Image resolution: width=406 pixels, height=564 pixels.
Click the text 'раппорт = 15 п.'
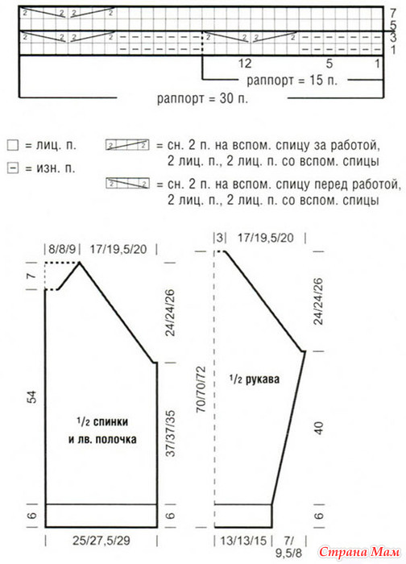tap(292, 80)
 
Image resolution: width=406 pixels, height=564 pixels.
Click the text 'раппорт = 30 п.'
tap(202, 98)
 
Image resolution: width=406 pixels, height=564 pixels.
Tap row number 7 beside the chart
tap(392, 14)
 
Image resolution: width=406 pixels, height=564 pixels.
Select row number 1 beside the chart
tap(393, 50)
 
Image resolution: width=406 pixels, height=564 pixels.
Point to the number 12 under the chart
tap(245, 64)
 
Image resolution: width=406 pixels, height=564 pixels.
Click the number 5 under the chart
tap(329, 64)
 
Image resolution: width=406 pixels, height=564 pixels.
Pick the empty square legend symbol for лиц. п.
tap(13, 145)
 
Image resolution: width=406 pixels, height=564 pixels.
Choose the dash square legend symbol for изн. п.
tap(13, 168)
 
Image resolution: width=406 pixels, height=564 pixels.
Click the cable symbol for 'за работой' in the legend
tap(127, 145)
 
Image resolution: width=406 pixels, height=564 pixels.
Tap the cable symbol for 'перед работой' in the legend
tap(127, 184)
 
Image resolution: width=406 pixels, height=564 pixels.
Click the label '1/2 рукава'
tap(255, 379)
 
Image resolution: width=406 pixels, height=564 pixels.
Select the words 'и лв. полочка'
tap(102, 439)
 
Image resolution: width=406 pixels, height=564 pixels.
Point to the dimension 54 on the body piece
tap(32, 396)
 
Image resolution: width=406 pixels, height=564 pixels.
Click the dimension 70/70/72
tap(201, 389)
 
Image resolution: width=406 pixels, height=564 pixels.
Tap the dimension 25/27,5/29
tap(101, 541)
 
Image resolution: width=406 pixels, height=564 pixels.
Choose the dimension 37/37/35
tap(170, 433)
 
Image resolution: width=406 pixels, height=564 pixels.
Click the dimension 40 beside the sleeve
tap(319, 428)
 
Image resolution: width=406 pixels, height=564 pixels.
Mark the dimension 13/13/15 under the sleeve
tap(243, 541)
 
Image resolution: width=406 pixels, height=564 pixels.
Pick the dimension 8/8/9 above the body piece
tap(62, 249)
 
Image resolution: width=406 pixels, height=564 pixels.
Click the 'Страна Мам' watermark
tap(359, 552)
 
